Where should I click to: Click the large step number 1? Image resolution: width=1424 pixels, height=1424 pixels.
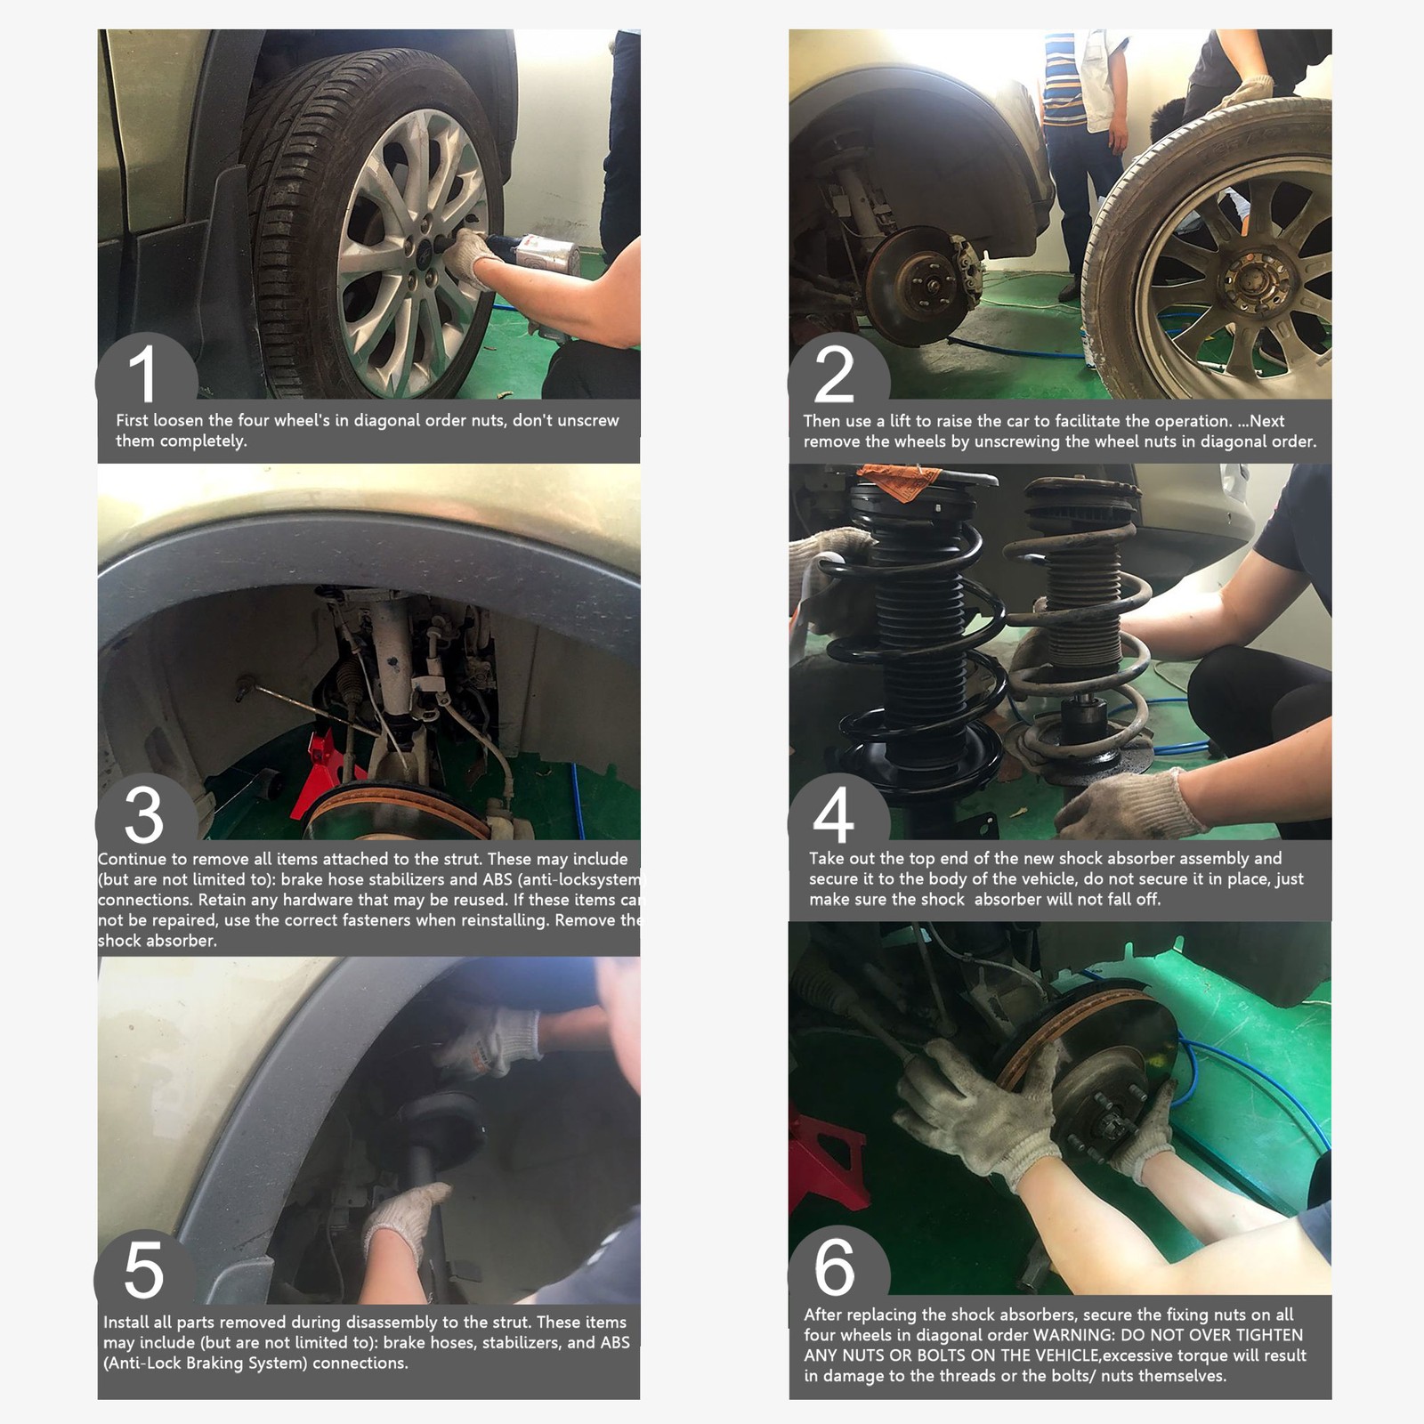point(143,374)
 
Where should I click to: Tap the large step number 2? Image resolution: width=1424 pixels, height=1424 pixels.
point(834,374)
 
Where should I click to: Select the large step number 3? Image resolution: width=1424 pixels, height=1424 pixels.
point(143,814)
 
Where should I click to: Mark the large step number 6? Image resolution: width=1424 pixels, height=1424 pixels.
point(834,1266)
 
